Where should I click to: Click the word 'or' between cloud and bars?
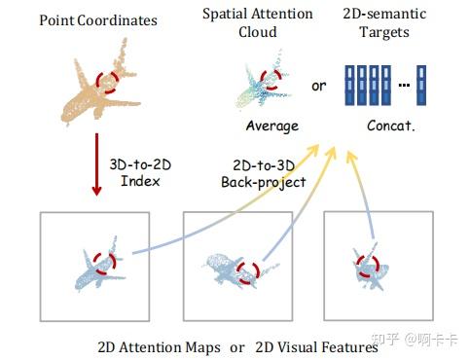point(318,87)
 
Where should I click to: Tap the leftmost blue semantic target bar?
point(350,86)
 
